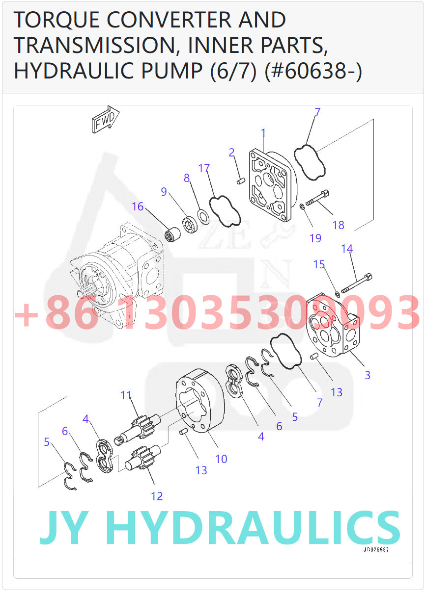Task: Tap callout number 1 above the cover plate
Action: (x=263, y=133)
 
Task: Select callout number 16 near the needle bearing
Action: (x=138, y=206)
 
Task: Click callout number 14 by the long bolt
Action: (x=347, y=249)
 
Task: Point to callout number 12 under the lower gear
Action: (x=156, y=496)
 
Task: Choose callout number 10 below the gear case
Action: (x=221, y=459)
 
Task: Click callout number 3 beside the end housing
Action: (x=367, y=375)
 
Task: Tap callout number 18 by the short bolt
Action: (x=338, y=225)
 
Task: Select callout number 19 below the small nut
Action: (x=315, y=238)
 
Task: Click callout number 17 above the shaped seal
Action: (x=204, y=169)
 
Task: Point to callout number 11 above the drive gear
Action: (x=126, y=395)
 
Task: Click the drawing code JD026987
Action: (x=376, y=550)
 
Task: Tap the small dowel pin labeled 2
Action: (x=241, y=181)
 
